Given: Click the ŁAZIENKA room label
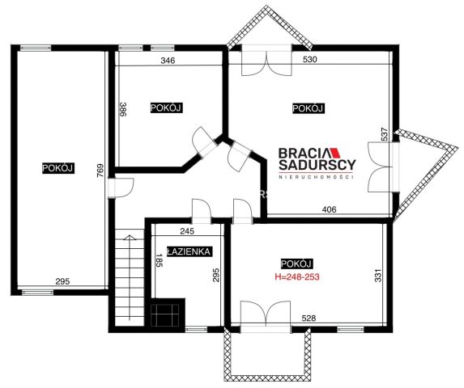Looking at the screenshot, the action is [189, 251].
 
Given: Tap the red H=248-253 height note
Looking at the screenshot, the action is [297, 276].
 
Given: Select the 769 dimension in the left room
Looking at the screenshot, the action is [100, 171].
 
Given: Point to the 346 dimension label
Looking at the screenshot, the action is [168, 61].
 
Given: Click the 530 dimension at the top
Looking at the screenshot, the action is [310, 59].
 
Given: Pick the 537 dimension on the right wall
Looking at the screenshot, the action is [384, 134].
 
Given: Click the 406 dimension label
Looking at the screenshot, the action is [329, 209].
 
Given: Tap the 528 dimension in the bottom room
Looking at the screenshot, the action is [309, 318].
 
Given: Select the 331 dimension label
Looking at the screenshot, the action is [378, 275].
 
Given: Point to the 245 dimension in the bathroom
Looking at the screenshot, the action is [187, 231].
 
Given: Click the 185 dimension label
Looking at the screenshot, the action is [160, 260].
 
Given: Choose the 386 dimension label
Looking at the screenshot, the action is [123, 109].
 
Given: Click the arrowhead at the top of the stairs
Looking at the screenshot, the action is [130, 237].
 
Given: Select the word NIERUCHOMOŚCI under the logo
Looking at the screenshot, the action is [317, 177].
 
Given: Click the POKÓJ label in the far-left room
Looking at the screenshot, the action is [57, 168].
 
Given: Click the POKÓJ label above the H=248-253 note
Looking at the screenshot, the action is [296, 264].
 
